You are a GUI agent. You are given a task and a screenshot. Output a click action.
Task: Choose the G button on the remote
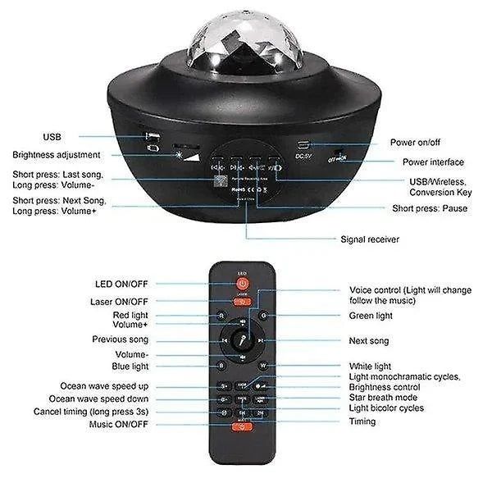click(x=263, y=315)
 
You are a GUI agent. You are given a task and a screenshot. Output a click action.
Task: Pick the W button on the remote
click(x=263, y=366)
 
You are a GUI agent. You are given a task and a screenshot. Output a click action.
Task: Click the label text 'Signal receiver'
click(x=370, y=240)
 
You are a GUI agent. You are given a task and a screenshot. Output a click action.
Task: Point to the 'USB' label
click(x=51, y=136)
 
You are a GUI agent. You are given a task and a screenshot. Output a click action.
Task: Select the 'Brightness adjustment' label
click(x=57, y=154)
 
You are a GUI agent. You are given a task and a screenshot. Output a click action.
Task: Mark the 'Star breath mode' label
click(x=384, y=397)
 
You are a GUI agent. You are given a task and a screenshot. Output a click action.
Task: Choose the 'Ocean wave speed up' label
click(x=104, y=385)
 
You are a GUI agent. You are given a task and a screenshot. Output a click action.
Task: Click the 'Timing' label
click(x=362, y=421)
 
